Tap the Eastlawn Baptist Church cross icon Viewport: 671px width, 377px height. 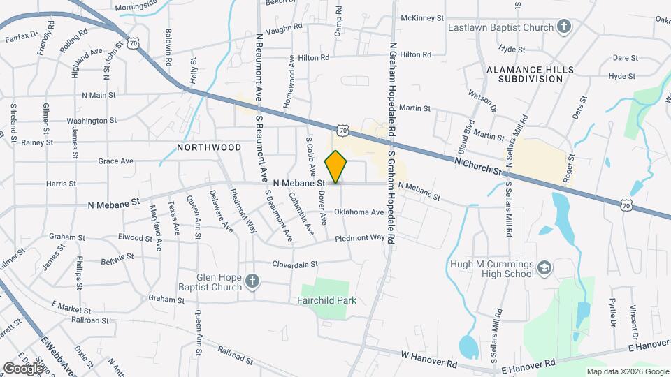(565, 27)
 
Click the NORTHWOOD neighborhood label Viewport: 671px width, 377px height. (209, 147)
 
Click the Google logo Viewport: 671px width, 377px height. (23, 367)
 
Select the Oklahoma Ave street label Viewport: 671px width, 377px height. (359, 212)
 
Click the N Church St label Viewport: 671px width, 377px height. (478, 166)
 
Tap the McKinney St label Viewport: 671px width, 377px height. (422, 17)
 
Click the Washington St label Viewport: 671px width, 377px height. (90, 121)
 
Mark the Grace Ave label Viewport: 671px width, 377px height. (116, 161)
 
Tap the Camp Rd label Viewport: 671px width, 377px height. (338, 21)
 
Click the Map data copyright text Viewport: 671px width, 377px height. (627, 371)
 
